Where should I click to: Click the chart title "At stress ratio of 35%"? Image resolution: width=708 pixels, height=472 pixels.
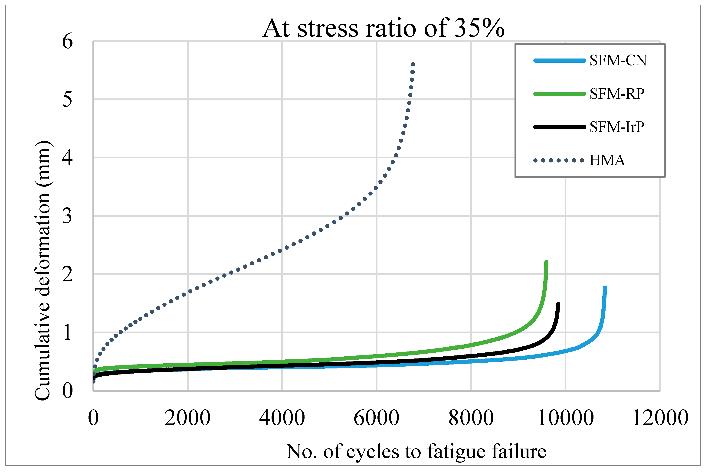point(383,28)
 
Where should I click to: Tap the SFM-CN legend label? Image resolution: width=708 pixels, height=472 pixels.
point(618,61)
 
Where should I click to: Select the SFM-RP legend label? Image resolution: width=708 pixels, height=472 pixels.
point(617,94)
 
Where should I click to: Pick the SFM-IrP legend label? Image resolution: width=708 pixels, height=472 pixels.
point(617,127)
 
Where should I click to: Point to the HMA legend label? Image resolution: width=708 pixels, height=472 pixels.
point(607,160)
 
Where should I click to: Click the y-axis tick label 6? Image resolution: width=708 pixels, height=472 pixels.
point(67,42)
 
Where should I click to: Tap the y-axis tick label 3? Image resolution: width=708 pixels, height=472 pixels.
point(67,216)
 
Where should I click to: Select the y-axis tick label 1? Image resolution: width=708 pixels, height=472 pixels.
point(67,333)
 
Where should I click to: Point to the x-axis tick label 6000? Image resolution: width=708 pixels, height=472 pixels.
point(377,418)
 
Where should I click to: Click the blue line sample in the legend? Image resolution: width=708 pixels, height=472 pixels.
point(560,61)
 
